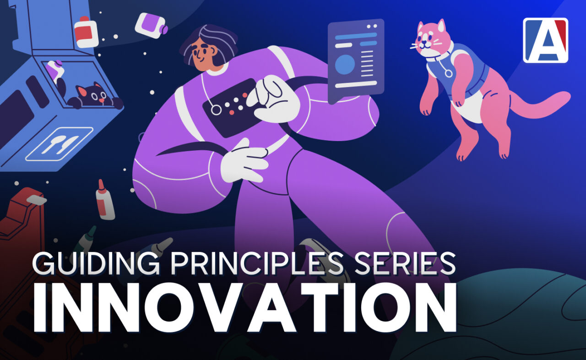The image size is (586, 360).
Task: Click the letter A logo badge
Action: coord(545,40)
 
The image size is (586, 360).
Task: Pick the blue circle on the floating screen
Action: coord(345,65)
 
